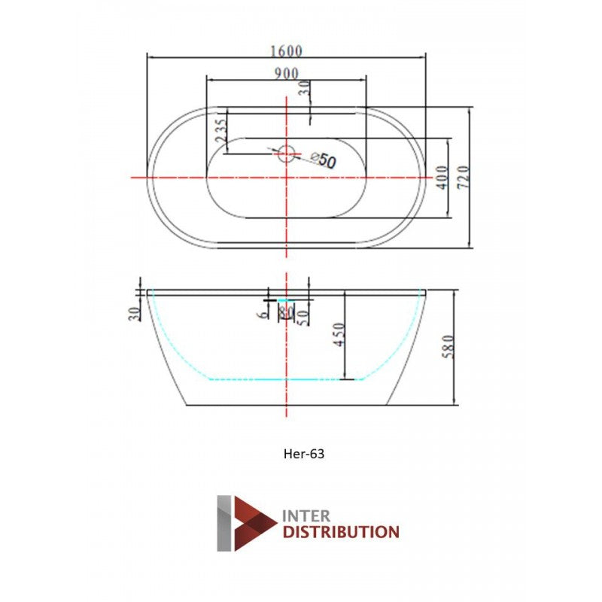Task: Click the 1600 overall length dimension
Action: (x=286, y=51)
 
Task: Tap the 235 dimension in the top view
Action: (x=220, y=131)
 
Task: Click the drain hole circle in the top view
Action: (x=286, y=154)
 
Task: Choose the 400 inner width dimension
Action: (x=442, y=177)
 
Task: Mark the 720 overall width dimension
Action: (x=464, y=177)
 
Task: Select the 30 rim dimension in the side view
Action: (x=135, y=314)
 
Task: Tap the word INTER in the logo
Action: (x=306, y=516)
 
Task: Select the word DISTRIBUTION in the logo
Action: (x=340, y=533)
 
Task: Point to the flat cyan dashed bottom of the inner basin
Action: (x=286, y=379)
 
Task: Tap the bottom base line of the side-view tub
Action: (x=286, y=406)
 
